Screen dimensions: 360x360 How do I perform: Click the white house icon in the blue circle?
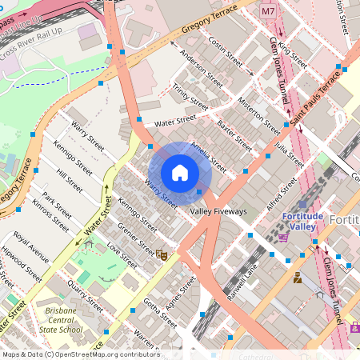point(180,173)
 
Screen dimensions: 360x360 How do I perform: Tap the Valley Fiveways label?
point(218,212)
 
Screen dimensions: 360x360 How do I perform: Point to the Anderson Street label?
point(202,69)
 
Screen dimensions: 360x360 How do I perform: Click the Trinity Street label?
point(190,99)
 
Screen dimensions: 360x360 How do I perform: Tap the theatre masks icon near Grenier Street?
point(162,255)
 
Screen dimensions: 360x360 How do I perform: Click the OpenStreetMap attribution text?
point(80,354)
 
